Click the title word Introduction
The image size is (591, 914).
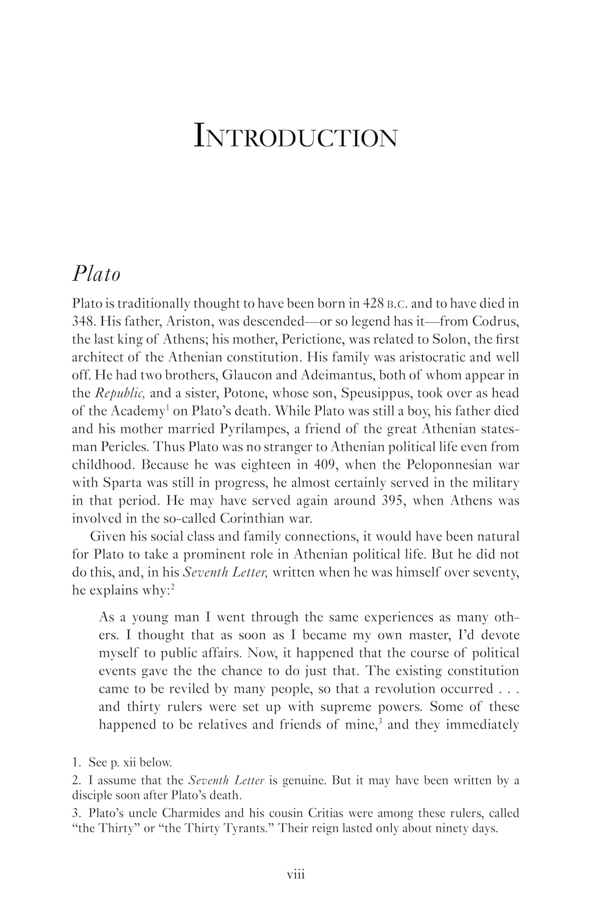pyautogui.click(x=295, y=136)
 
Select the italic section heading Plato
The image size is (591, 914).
pyautogui.click(x=96, y=273)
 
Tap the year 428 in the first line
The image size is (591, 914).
pyautogui.click(x=373, y=303)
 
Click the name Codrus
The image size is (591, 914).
pyautogui.click(x=496, y=321)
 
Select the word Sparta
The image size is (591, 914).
pyautogui.click(x=118, y=483)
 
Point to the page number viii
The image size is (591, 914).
pyautogui.click(x=295, y=875)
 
